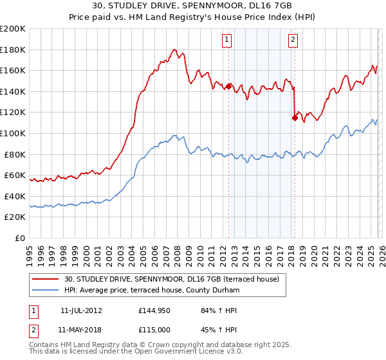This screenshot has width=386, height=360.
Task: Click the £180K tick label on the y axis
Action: (13, 50)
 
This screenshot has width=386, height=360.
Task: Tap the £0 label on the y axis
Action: (20, 238)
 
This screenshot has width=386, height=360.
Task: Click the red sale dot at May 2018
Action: (295, 118)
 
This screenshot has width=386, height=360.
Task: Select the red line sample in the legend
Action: (46, 279)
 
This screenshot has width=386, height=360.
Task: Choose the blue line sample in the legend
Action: (46, 290)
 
